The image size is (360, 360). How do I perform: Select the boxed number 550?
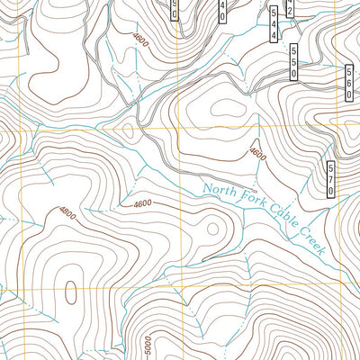292,63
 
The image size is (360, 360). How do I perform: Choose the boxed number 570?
331,179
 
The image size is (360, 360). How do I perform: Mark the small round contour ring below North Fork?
212,229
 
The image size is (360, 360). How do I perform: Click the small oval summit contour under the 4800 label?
69,292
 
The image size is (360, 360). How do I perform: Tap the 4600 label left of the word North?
141,204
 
